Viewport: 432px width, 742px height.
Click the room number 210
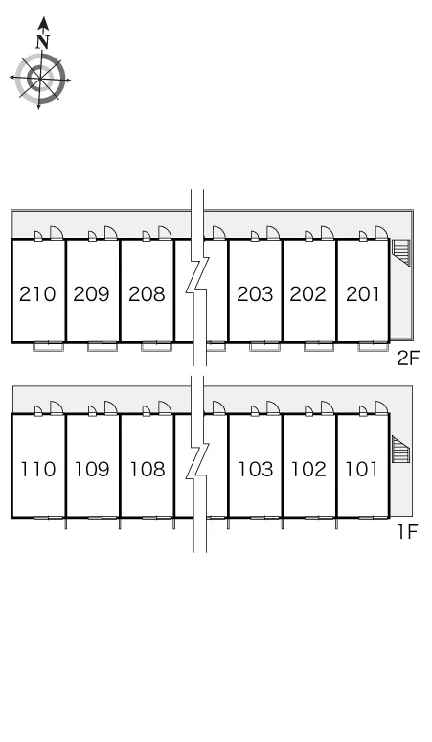(x=37, y=294)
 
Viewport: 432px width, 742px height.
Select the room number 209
(x=92, y=294)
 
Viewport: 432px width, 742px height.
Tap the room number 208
(x=147, y=294)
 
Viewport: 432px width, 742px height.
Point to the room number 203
(x=255, y=294)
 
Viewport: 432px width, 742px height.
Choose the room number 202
(x=308, y=294)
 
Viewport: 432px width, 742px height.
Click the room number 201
(x=363, y=294)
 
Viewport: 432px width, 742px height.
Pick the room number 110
(x=37, y=470)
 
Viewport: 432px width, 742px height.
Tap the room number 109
(x=92, y=470)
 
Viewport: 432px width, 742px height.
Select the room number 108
(x=148, y=470)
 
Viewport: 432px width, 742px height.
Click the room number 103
(x=256, y=470)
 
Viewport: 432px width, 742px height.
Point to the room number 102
(x=308, y=470)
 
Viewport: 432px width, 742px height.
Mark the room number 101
(x=362, y=470)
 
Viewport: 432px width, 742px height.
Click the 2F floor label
(x=408, y=359)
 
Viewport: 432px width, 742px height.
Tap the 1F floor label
(x=408, y=532)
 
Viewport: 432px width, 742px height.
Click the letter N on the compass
(x=43, y=42)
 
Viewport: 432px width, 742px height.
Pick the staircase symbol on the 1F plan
(x=400, y=449)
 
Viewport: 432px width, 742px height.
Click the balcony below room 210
(x=48, y=346)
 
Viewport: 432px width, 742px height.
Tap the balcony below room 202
(x=319, y=346)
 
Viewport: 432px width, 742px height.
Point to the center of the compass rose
(x=39, y=79)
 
